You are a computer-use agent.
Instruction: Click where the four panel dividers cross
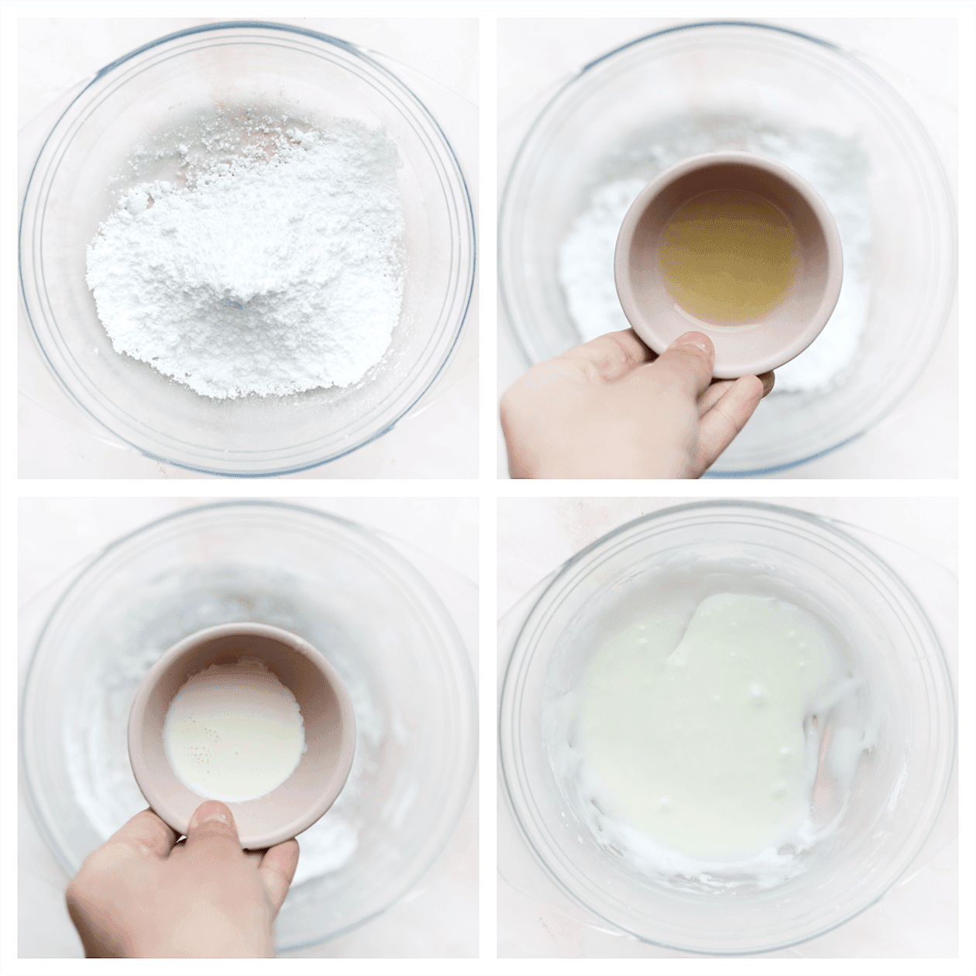488,488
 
